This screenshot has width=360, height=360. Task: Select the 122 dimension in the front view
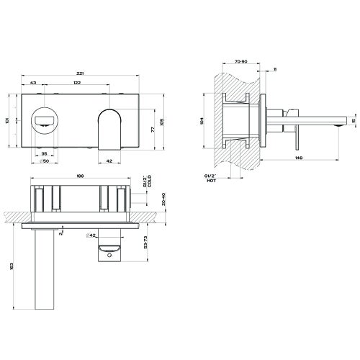pyautogui.click(x=96, y=84)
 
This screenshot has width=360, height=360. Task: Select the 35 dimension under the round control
pyautogui.click(x=45, y=153)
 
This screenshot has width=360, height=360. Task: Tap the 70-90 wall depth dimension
pyautogui.click(x=240, y=63)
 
